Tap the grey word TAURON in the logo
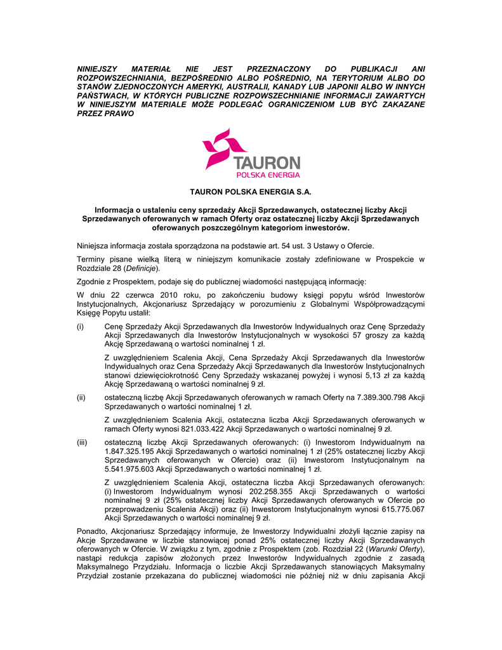click(266, 162)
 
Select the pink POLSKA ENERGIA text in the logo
click(268, 175)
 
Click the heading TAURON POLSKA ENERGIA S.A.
click(251, 192)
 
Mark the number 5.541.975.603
click(129, 469)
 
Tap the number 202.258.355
click(265, 491)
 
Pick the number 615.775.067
click(397, 509)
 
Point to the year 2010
click(161, 295)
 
